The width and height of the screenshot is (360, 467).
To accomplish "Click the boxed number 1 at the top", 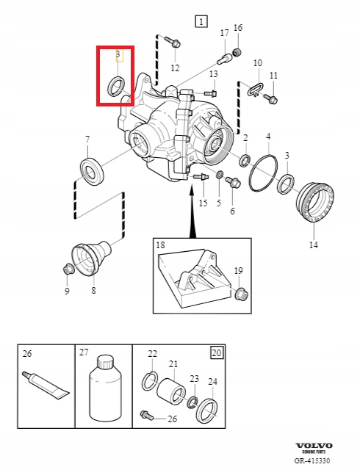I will tap(201, 21).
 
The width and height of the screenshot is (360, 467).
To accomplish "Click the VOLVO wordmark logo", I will tap(314, 446).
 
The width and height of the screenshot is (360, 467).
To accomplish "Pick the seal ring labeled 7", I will tap(92, 171).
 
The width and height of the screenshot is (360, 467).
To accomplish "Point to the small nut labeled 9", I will tap(68, 270).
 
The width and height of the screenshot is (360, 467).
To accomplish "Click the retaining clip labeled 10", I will tap(255, 88).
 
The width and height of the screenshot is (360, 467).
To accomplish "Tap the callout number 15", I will tap(204, 203).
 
